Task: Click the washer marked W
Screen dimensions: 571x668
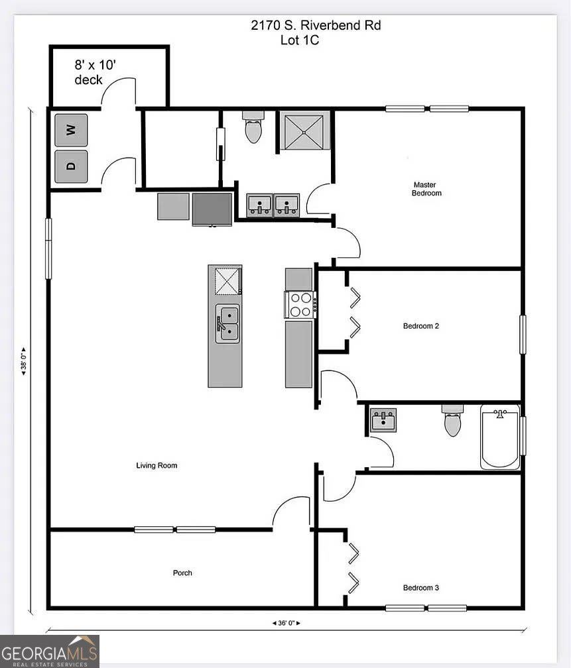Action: [x=71, y=130]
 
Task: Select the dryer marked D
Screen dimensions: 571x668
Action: [x=71, y=166]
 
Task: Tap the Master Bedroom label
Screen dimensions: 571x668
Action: [x=426, y=189]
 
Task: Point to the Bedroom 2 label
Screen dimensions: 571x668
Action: [x=421, y=326]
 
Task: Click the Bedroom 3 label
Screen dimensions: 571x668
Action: [x=421, y=587]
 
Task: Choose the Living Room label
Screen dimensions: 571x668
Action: [x=157, y=465]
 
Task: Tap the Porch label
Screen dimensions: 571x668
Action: [x=182, y=573]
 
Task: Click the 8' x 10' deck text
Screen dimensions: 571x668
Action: [x=95, y=72]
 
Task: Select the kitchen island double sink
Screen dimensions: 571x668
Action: [x=227, y=323]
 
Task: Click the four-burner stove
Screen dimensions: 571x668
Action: [x=300, y=305]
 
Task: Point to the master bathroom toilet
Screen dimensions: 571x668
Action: [x=253, y=127]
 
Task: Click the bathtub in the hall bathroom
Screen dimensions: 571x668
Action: [x=500, y=437]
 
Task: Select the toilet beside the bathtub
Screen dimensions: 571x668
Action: [x=452, y=420]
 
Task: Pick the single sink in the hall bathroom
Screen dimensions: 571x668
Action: [x=383, y=420]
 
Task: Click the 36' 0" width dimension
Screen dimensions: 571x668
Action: [x=286, y=623]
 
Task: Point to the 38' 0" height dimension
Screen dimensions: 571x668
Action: [x=24, y=361]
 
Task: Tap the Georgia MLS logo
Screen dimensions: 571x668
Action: [x=50, y=651]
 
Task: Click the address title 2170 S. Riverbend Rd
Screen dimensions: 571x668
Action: [x=316, y=25]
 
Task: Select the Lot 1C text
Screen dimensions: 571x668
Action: [x=299, y=40]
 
